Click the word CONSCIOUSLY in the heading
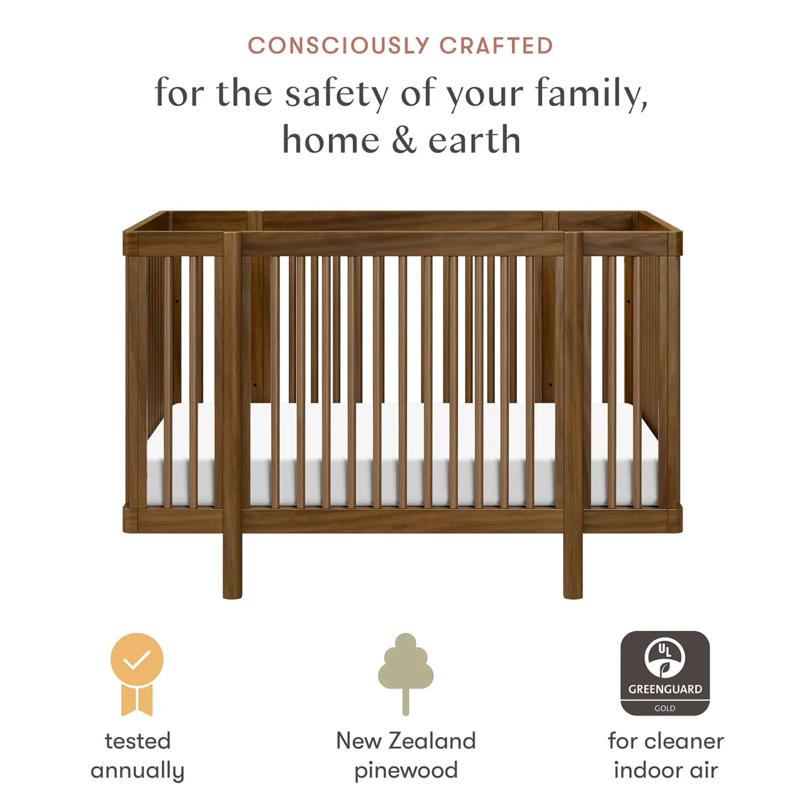tap(338, 46)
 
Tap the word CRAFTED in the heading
tap(496, 46)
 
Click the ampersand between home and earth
tap(403, 140)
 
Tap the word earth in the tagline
tap(475, 140)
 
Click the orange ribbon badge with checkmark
tap(137, 674)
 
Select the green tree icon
tap(405, 673)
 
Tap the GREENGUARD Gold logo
tap(665, 673)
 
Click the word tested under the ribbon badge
tap(138, 741)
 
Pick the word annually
tap(138, 771)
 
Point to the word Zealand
tap(432, 741)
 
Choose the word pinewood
tap(406, 771)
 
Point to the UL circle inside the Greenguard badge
tap(665, 657)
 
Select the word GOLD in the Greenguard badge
tap(665, 708)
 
